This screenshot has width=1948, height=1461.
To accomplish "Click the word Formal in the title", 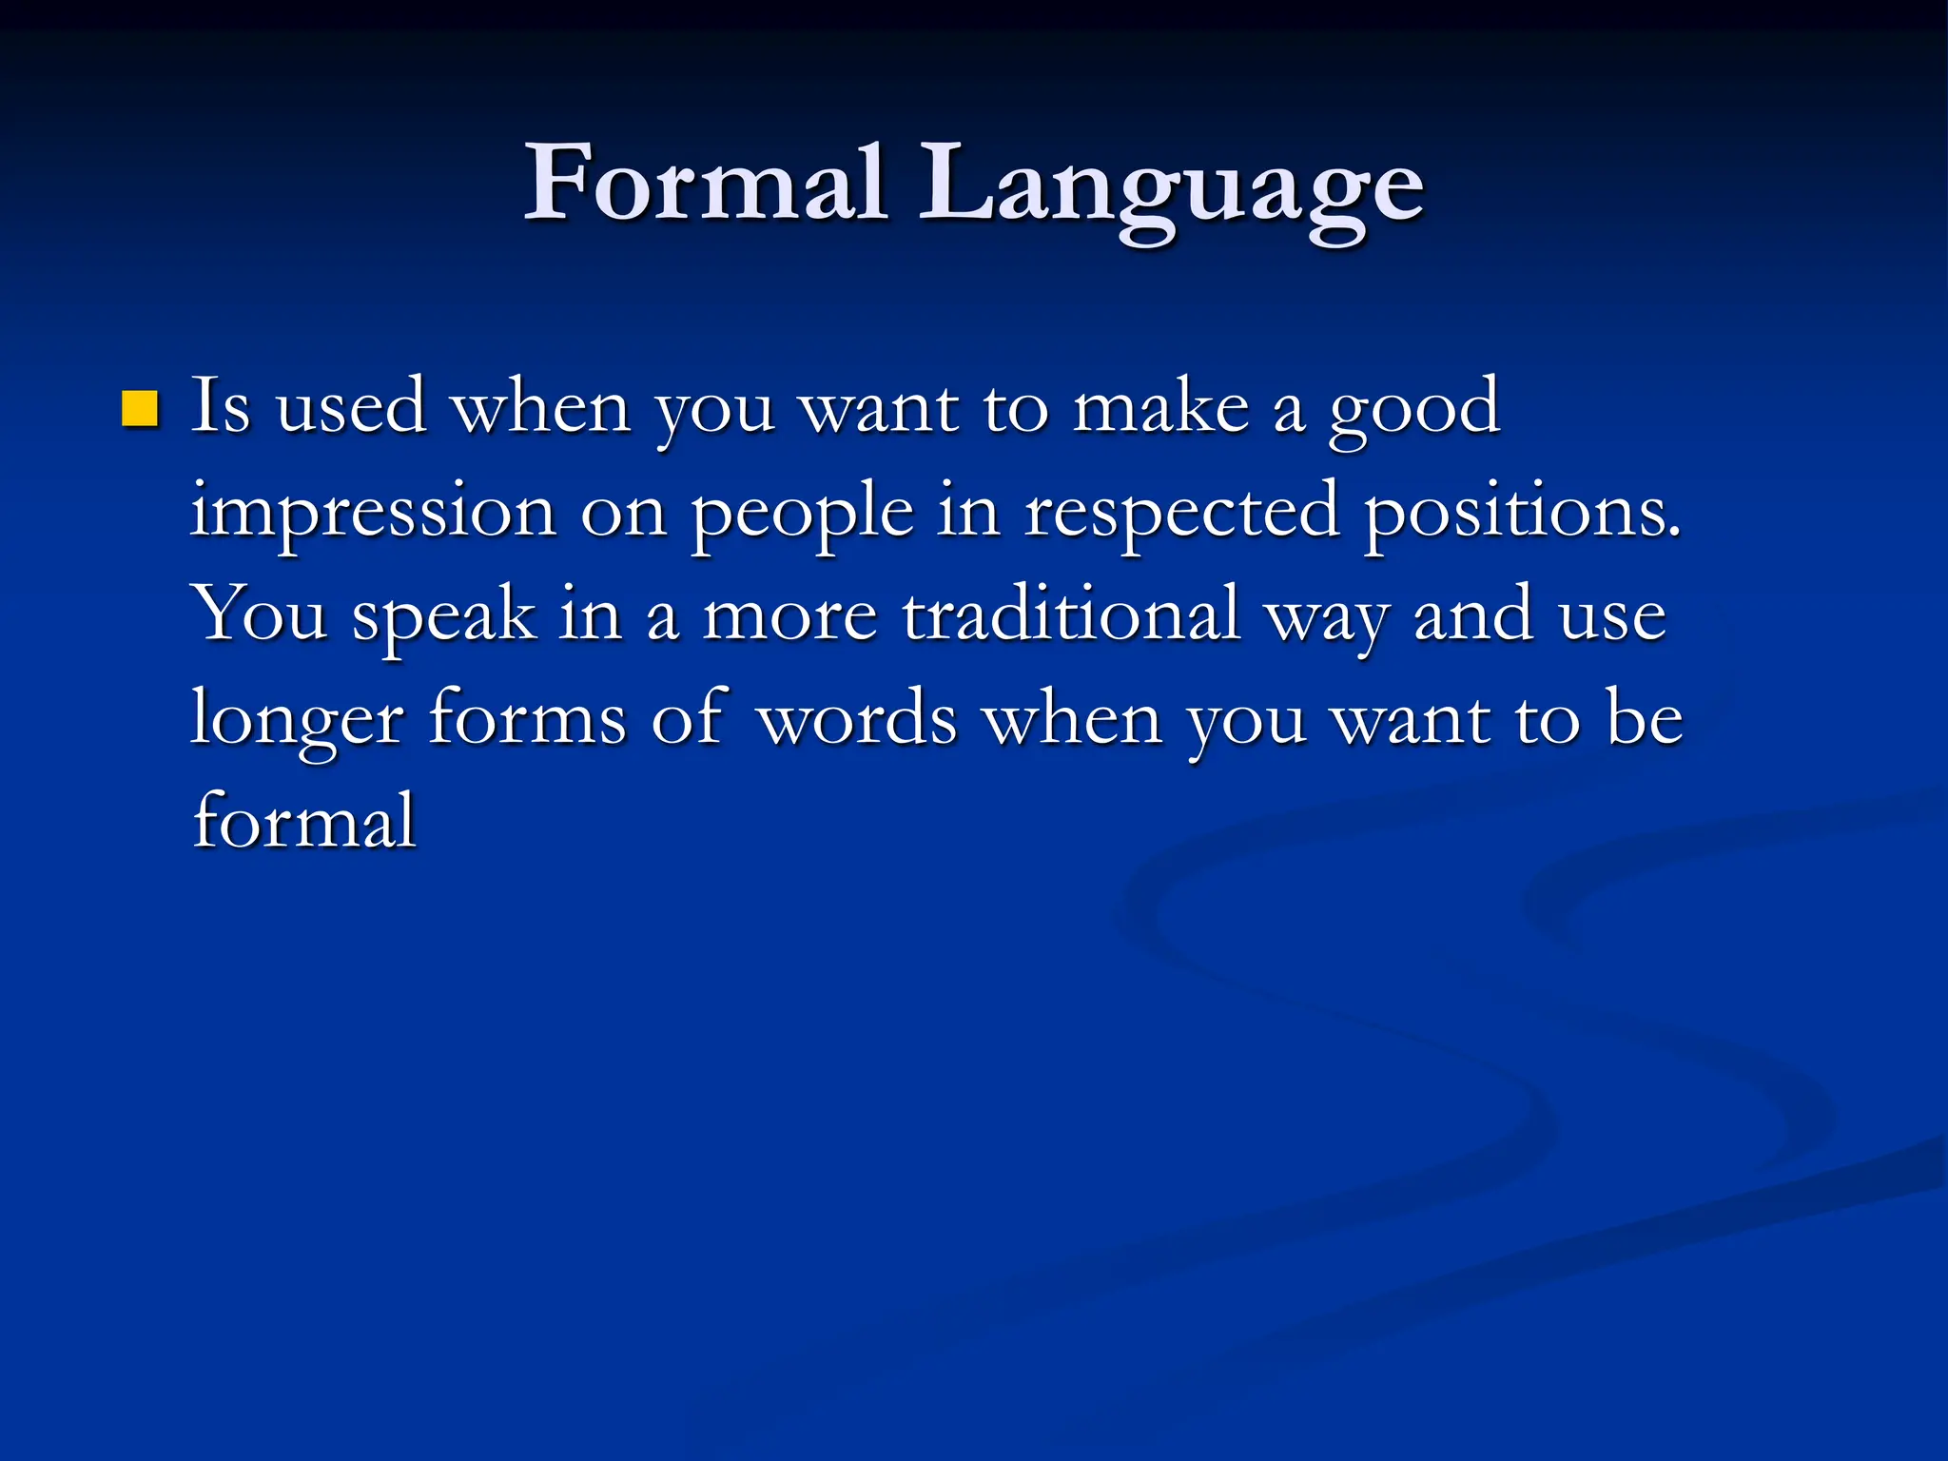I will click(x=705, y=183).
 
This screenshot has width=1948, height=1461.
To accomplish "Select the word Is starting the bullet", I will click(x=221, y=407).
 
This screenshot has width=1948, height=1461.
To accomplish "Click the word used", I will click(x=350, y=407).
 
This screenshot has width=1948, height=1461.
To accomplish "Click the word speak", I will click(x=443, y=618).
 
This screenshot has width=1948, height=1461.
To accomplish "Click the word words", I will click(x=857, y=720).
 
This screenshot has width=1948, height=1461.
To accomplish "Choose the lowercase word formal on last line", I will click(x=304, y=821).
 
